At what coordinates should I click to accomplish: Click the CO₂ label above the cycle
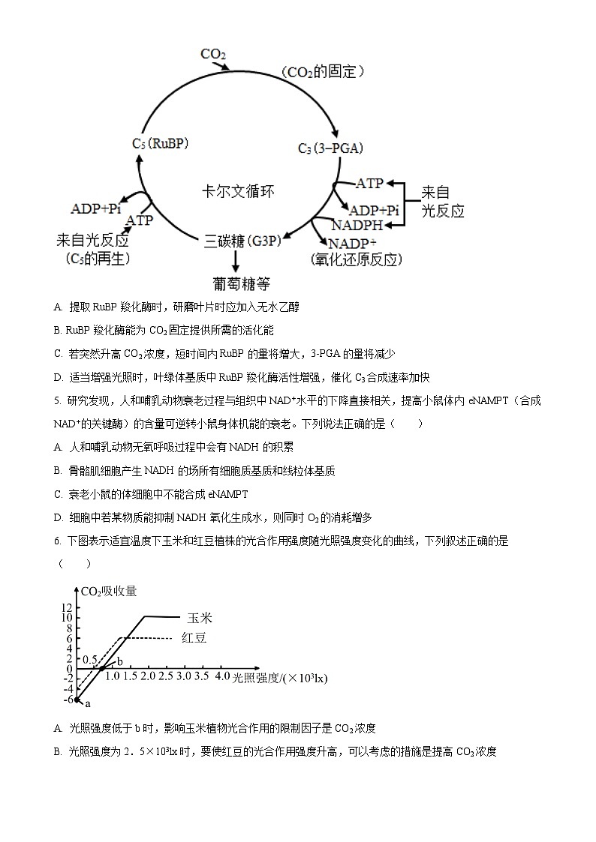[x=213, y=55]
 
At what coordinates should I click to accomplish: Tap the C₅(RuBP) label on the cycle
[x=160, y=143]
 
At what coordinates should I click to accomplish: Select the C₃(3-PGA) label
[x=330, y=148]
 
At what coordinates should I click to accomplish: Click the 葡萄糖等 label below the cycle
[x=241, y=283]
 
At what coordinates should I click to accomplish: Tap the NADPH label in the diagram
[x=357, y=225]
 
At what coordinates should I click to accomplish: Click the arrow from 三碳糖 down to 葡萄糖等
[x=236, y=262]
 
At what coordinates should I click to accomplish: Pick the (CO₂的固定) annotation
[x=324, y=72]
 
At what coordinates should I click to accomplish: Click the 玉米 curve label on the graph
[x=200, y=618]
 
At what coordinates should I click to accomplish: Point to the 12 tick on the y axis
[x=67, y=607]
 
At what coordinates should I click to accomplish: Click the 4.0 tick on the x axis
[x=222, y=677]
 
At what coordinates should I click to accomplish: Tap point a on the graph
[x=77, y=700]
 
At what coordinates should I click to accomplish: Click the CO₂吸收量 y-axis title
[x=109, y=591]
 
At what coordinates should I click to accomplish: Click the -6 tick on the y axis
[x=68, y=700]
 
